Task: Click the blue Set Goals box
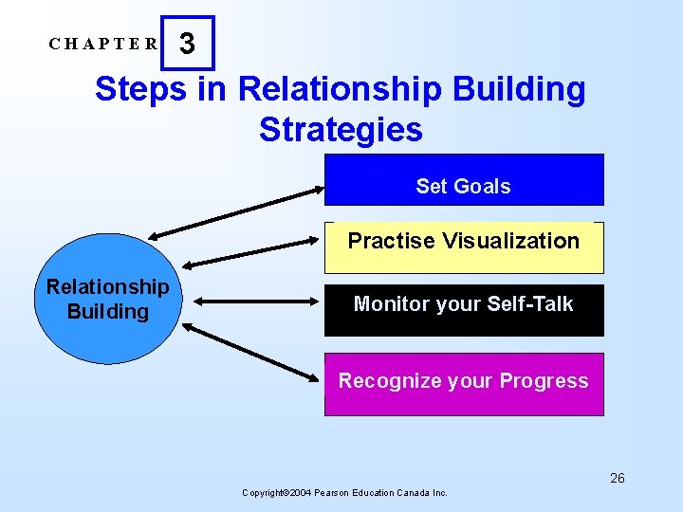[464, 180]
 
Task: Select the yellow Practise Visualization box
[464, 247]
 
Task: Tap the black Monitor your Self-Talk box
[464, 309]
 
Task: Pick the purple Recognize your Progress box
[464, 384]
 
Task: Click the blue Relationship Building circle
[107, 300]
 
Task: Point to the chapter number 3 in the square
[187, 44]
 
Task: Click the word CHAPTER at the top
[104, 44]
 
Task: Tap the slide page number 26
[618, 478]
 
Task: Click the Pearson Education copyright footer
[345, 492]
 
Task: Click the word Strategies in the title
[341, 129]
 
